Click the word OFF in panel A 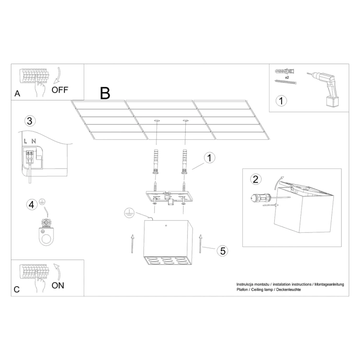[x=60, y=89]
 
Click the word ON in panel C [x=58, y=285]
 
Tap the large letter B [x=105, y=93]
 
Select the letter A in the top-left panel [x=18, y=94]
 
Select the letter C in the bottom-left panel [x=17, y=289]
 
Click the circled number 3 [x=30, y=121]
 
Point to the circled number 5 [x=223, y=251]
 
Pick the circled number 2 [x=255, y=179]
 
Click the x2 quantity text [x=287, y=76]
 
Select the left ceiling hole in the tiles [x=156, y=121]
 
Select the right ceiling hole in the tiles [x=185, y=121]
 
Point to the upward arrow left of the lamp [x=133, y=243]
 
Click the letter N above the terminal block [x=33, y=142]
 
